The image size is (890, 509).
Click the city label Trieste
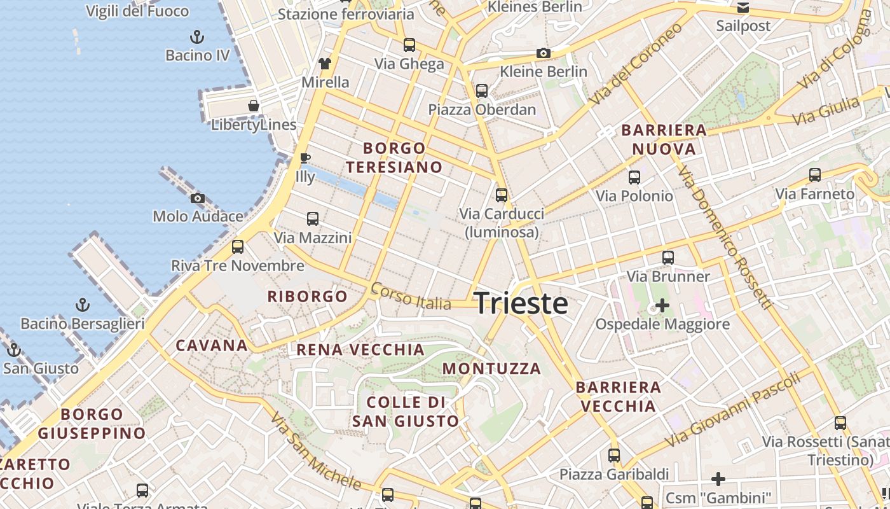pyautogui.click(x=521, y=303)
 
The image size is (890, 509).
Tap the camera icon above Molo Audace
pyautogui.click(x=198, y=198)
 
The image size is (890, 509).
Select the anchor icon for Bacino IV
pyautogui.click(x=197, y=36)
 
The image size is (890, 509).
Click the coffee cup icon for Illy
pyautogui.click(x=305, y=157)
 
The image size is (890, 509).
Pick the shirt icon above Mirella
pyautogui.click(x=325, y=63)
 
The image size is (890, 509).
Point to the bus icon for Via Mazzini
pyautogui.click(x=312, y=219)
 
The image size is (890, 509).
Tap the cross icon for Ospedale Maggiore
pyautogui.click(x=662, y=305)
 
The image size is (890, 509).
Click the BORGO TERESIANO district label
pyautogui.click(x=394, y=158)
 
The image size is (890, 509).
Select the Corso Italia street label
pyautogui.click(x=411, y=297)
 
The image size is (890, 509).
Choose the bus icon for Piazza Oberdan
pyautogui.click(x=482, y=90)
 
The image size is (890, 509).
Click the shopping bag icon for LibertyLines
pyautogui.click(x=254, y=106)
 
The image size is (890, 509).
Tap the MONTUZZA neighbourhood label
pyautogui.click(x=491, y=368)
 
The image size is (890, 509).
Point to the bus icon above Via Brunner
pyautogui.click(x=667, y=258)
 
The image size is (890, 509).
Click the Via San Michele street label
pyautogui.click(x=315, y=452)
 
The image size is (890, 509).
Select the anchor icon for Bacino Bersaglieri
pyautogui.click(x=82, y=305)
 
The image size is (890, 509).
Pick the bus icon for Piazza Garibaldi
pyautogui.click(x=613, y=456)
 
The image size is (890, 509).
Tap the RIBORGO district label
pyautogui.click(x=307, y=296)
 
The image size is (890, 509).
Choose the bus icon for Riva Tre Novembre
pyautogui.click(x=238, y=247)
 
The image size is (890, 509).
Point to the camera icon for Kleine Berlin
pyautogui.click(x=543, y=53)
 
